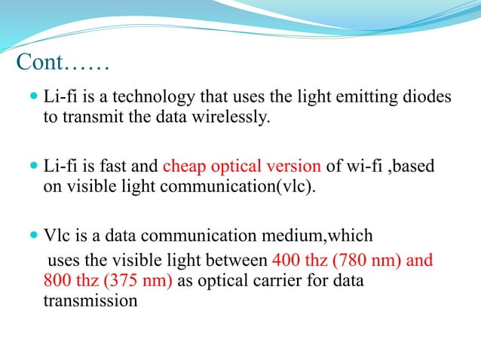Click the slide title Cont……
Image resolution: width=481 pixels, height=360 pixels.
tap(62, 63)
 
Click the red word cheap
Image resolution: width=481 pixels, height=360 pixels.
tap(185, 166)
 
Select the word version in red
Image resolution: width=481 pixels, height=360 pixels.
tap(295, 166)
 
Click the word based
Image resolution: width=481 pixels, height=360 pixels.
tap(412, 166)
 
